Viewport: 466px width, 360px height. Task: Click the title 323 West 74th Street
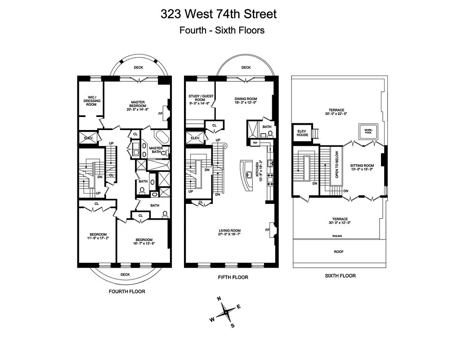point(219,14)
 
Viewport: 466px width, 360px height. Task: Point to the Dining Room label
point(246,101)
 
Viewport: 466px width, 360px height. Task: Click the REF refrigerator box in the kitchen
point(255,143)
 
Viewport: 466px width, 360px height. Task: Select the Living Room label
point(229,232)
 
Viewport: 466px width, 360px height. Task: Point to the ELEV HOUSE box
point(302,133)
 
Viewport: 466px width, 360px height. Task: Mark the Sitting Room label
point(362,167)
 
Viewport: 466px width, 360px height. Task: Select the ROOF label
point(339,252)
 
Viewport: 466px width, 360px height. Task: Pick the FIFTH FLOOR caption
point(233,277)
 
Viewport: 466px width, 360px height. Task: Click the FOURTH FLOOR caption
point(127,291)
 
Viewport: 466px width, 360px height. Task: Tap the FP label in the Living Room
point(268,230)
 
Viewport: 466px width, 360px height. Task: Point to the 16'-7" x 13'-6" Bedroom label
point(143,242)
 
